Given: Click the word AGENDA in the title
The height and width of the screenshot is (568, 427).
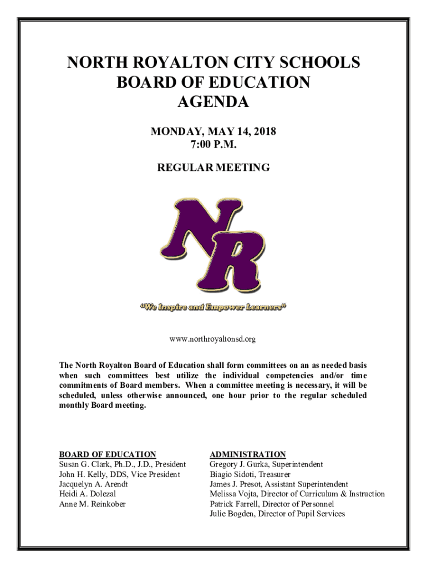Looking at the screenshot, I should click(213, 102).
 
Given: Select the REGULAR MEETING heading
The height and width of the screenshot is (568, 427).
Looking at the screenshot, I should click(213, 167).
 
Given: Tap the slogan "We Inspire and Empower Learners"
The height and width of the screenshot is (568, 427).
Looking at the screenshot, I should click(213, 307).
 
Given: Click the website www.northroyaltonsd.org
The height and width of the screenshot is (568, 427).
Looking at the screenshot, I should click(213, 338).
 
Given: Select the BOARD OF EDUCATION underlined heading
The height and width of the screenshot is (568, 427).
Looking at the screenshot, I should click(108, 454).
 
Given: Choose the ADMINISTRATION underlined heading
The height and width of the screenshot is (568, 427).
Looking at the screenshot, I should click(247, 454).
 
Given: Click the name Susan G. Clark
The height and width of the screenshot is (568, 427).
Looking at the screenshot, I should click(83, 464).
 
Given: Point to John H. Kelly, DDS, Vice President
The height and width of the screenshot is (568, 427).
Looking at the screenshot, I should click(120, 474).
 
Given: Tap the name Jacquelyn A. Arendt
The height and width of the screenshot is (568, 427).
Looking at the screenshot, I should click(94, 484).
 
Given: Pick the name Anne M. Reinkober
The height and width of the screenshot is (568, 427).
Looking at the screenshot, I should click(92, 504).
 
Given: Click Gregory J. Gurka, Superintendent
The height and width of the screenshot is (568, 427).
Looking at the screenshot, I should click(266, 464).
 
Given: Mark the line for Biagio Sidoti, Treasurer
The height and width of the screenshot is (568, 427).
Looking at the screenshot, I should click(250, 474).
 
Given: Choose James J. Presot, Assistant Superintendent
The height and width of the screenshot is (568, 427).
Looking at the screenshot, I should click(279, 484).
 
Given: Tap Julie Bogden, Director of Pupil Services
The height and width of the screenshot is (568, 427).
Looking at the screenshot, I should click(277, 514).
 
